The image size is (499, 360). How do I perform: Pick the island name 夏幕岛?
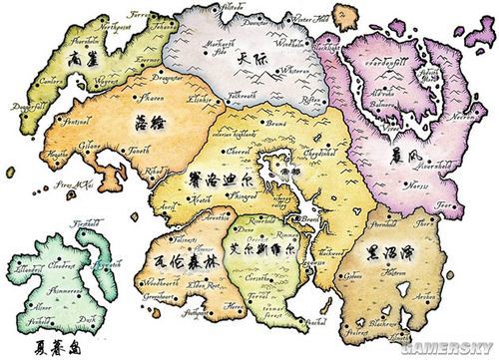(42, 338)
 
